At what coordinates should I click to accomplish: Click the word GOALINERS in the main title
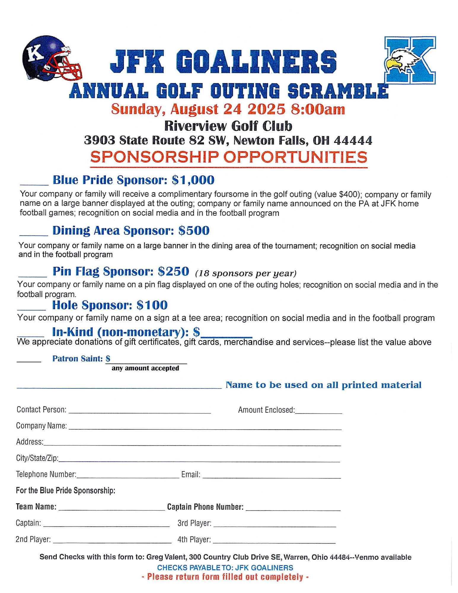pyautogui.click(x=258, y=62)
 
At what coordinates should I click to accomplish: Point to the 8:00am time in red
pyautogui.click(x=318, y=109)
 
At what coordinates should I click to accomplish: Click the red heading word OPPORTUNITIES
pyautogui.click(x=295, y=157)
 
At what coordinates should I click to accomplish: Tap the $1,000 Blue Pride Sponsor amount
pyautogui.click(x=193, y=180)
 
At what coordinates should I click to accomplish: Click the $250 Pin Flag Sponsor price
pyautogui.click(x=173, y=271)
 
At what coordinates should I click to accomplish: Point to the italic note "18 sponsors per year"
pyautogui.click(x=246, y=273)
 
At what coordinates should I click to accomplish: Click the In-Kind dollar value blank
pyautogui.click(x=227, y=336)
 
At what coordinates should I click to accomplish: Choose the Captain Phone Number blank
pyautogui.click(x=293, y=509)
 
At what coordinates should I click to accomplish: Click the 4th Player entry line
pyautogui.click(x=274, y=542)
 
